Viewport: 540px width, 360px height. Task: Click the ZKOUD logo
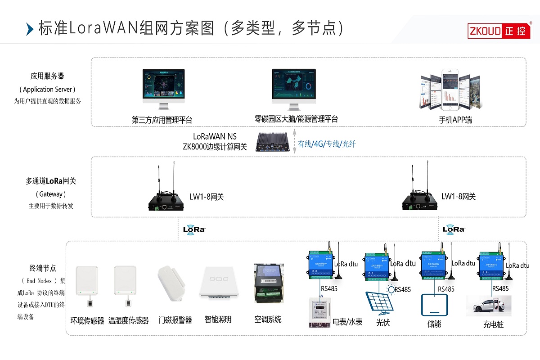coord(499,31)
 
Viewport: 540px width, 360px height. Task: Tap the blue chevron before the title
coord(30,29)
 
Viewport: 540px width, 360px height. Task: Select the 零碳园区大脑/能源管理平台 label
coord(296,119)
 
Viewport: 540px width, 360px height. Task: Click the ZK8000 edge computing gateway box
coord(273,142)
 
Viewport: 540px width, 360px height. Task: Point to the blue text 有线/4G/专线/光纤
coord(327,144)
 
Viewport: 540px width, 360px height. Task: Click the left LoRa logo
coord(194,229)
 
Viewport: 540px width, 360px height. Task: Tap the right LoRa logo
coord(454,229)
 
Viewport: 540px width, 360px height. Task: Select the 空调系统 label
coord(268,319)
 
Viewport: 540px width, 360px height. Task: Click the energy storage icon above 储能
coord(434,305)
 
